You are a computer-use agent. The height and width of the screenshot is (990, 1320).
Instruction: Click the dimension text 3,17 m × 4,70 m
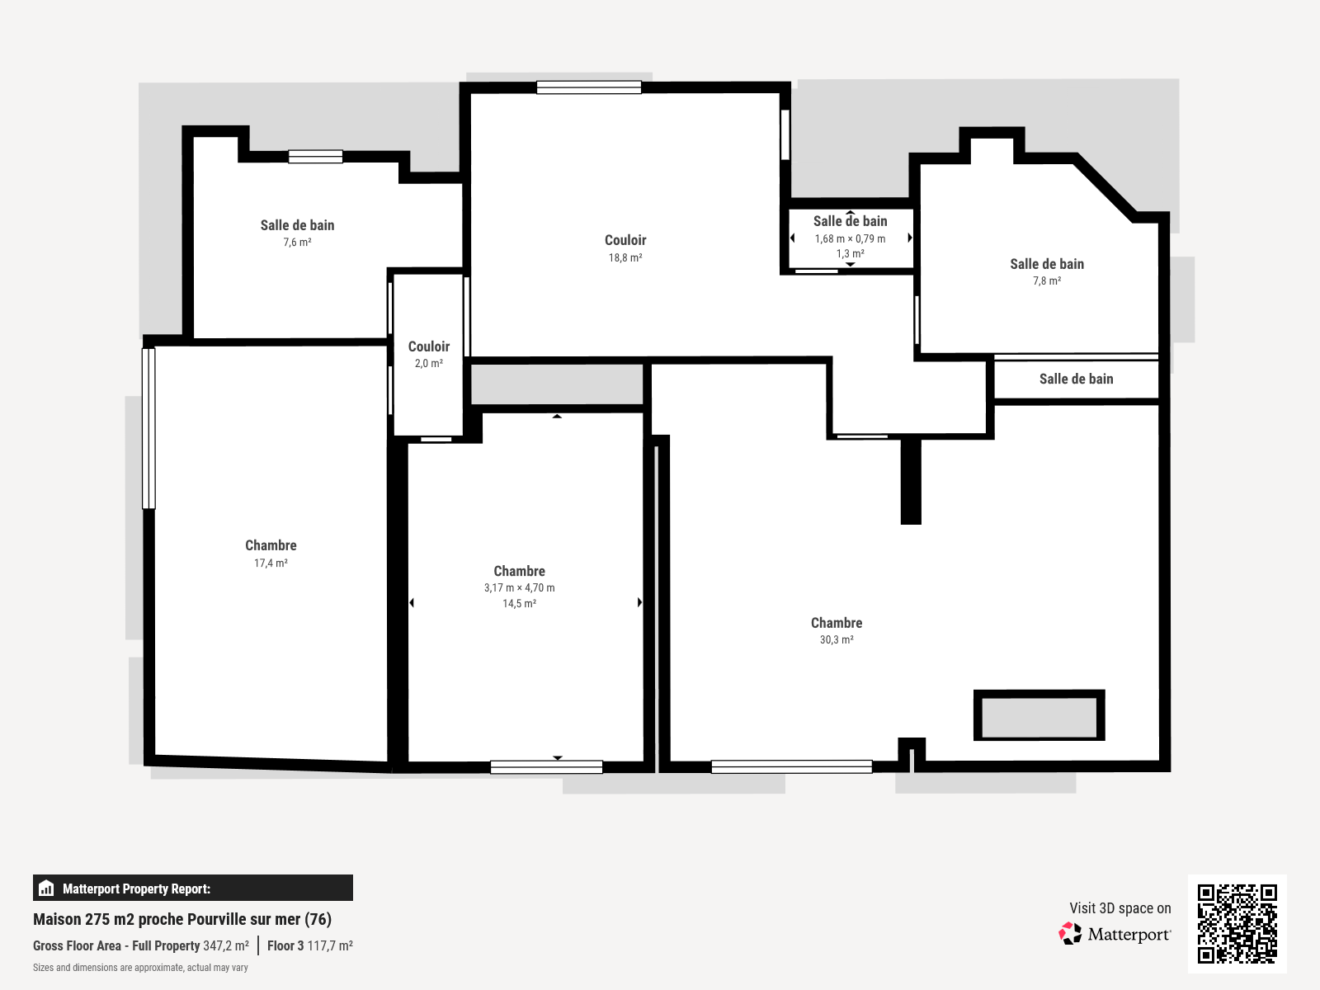point(519,588)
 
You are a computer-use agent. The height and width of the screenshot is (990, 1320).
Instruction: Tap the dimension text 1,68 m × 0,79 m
point(850,239)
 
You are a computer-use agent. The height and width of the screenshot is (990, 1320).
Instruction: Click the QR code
point(1237,923)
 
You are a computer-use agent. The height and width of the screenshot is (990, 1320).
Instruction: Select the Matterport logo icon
point(1070,934)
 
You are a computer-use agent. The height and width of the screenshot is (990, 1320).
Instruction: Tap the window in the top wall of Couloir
point(588,87)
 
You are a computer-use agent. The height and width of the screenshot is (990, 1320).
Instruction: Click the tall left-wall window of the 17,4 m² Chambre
point(149,428)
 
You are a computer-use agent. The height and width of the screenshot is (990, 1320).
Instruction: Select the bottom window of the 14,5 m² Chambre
point(546,767)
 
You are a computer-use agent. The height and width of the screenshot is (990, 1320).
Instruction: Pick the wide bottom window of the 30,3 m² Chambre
point(791,767)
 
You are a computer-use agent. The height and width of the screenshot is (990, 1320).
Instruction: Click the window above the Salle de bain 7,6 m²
point(315,157)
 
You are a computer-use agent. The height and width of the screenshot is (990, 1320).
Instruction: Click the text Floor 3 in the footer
point(285,946)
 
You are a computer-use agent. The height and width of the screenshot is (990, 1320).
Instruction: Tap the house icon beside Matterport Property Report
point(47,889)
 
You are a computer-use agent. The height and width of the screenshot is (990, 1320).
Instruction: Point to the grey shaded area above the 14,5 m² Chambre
point(557,384)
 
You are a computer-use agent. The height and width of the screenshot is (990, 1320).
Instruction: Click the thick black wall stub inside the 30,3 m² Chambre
point(911,481)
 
